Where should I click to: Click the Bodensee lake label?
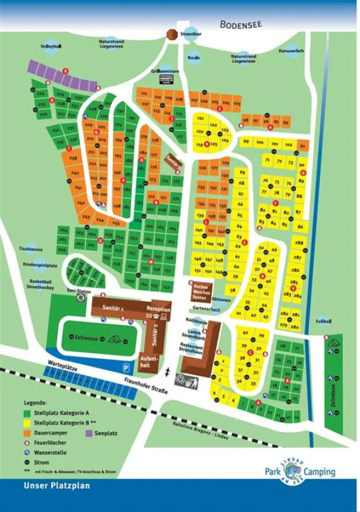click(x=240, y=24)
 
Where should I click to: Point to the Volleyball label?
click(x=49, y=45)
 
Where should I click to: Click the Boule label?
click(x=194, y=57)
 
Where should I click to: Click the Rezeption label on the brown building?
click(x=158, y=309)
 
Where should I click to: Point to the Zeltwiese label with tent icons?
click(x=86, y=337)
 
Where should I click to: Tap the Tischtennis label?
click(x=30, y=249)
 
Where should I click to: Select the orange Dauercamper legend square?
click(x=27, y=432)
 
